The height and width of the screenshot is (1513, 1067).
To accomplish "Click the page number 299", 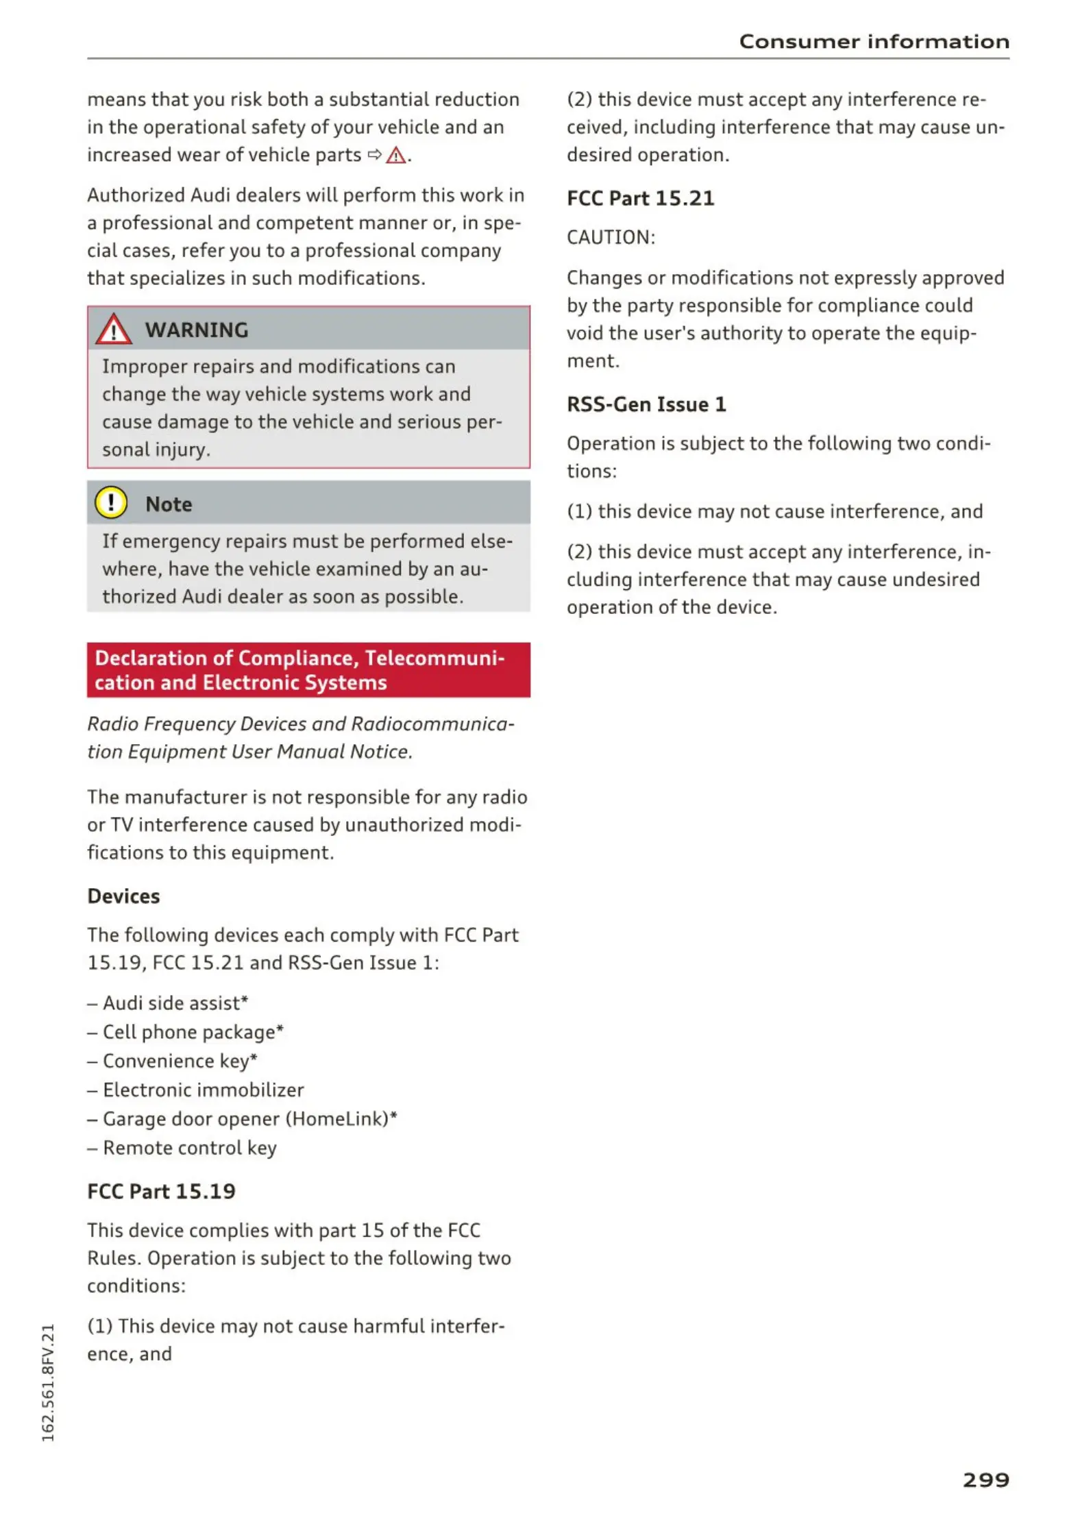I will click(x=985, y=1480).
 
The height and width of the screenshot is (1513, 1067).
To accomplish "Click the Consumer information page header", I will click(x=874, y=42).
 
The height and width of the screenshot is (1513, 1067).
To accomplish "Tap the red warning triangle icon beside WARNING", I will click(x=113, y=329).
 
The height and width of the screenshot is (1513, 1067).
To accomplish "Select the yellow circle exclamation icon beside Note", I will click(x=111, y=503).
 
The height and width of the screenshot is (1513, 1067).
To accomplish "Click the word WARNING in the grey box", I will click(x=197, y=330).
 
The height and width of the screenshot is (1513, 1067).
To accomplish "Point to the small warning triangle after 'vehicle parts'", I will click(x=395, y=156).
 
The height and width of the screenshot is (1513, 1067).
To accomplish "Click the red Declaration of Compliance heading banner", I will click(x=308, y=669).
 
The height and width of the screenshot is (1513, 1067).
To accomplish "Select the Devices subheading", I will click(x=123, y=896).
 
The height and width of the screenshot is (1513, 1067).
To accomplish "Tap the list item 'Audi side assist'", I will click(x=175, y=1003).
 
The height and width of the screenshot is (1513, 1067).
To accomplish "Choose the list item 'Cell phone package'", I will click(x=193, y=1032).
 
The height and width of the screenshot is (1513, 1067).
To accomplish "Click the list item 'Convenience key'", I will click(x=180, y=1061).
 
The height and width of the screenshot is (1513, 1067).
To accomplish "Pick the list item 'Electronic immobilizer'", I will click(x=203, y=1090).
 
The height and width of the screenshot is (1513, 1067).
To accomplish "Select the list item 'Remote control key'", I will click(x=189, y=1148).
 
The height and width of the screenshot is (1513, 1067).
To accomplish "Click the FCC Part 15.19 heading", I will click(x=161, y=1192).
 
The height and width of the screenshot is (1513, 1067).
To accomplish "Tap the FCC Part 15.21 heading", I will click(x=640, y=199).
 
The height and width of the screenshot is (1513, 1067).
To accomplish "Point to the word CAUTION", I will click(x=610, y=238).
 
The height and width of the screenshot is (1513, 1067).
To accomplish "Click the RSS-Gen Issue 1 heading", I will click(x=646, y=404).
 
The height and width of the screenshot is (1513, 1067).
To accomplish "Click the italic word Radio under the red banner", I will click(x=113, y=724).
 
